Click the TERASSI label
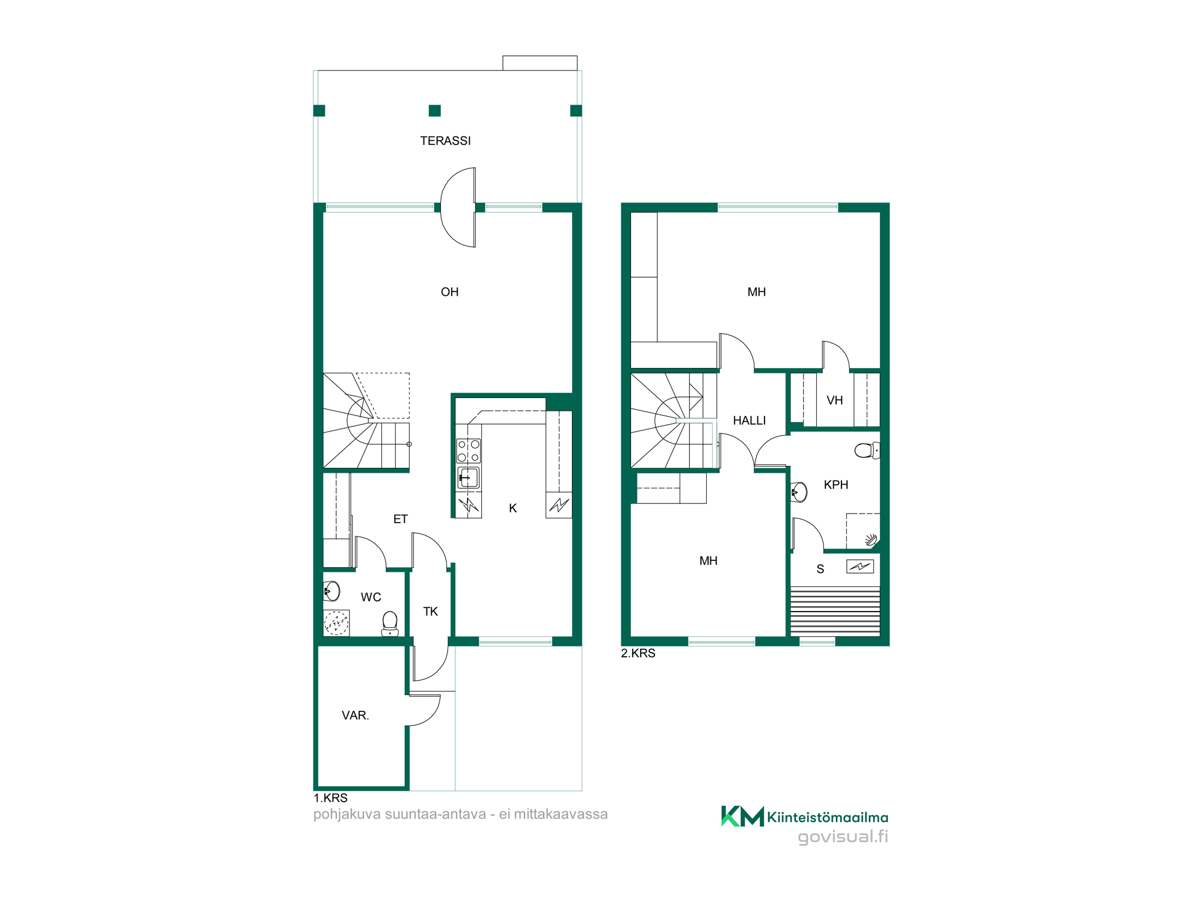click(x=445, y=141)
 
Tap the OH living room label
click(x=449, y=292)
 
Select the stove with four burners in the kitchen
click(x=469, y=451)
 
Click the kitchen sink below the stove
click(x=469, y=477)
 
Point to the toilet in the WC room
click(x=390, y=623)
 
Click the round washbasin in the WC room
click(x=331, y=591)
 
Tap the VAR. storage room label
click(x=355, y=716)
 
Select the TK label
click(x=430, y=612)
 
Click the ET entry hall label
click(x=400, y=519)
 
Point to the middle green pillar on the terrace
click(x=434, y=111)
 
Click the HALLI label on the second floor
click(x=749, y=421)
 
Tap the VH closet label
click(x=834, y=400)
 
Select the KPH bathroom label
click(x=835, y=485)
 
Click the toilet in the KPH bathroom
click(x=867, y=450)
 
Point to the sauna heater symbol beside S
click(x=860, y=566)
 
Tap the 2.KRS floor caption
click(x=638, y=654)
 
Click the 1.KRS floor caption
click(x=330, y=798)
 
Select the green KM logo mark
click(x=742, y=816)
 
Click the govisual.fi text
click(x=843, y=837)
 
